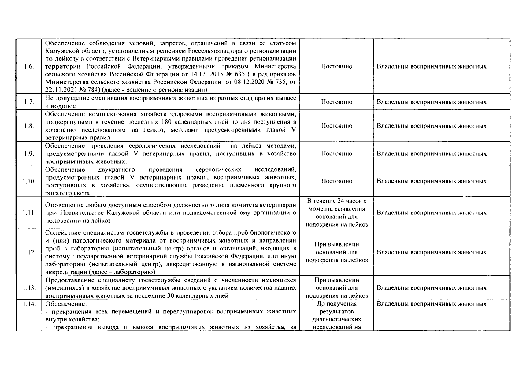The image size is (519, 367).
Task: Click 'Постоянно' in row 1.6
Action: coord(336,67)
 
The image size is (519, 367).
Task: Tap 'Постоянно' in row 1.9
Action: coord(336,154)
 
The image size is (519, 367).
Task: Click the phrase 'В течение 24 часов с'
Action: coord(336,201)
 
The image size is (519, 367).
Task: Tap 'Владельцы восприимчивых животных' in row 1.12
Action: coord(431,253)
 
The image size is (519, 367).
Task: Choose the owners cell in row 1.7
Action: coord(431,102)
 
